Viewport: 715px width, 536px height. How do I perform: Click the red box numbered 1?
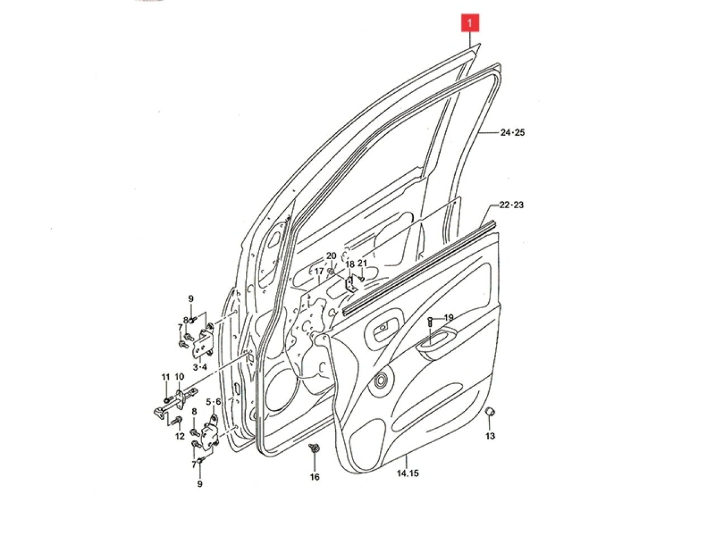point(470,23)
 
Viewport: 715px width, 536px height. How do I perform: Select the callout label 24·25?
point(512,133)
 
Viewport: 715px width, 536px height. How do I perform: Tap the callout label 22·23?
point(511,205)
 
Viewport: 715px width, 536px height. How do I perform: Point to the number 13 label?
point(490,436)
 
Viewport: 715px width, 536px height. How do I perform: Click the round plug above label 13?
point(490,412)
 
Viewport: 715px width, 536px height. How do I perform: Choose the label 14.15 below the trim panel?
point(408,473)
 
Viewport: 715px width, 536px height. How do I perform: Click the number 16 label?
point(314,477)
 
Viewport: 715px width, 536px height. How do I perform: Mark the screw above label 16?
point(314,448)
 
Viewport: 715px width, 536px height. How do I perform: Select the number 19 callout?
point(449,318)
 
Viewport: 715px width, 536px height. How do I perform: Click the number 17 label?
point(319,271)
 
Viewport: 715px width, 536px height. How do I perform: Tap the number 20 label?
point(331,256)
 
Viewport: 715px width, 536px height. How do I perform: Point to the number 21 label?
point(363,263)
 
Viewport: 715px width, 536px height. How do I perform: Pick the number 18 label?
point(350,264)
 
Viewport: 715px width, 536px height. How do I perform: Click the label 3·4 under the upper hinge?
point(200,367)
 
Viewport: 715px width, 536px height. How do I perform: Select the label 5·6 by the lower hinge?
point(213,401)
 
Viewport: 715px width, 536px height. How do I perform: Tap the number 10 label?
point(179,377)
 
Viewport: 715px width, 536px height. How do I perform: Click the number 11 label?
point(165,377)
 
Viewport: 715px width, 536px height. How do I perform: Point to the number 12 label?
point(179,436)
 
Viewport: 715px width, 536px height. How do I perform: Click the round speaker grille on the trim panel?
point(382,380)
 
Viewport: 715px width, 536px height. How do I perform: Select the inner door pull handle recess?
point(436,341)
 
